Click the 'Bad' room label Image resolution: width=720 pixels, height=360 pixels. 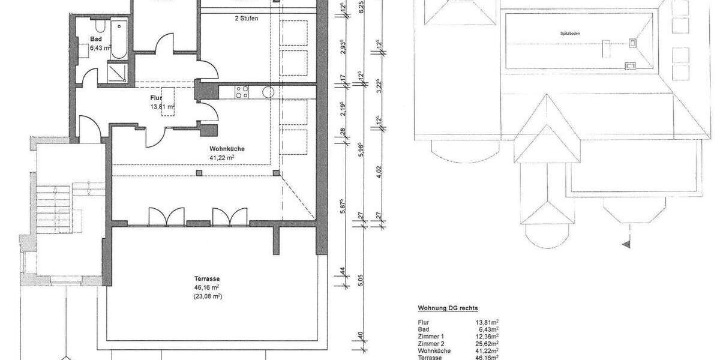point(95,39)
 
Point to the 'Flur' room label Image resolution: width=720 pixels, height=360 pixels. point(157,97)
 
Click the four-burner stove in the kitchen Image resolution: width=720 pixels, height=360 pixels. point(242,92)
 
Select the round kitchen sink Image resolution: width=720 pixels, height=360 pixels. point(268,92)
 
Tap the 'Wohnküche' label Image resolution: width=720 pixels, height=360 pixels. point(227,149)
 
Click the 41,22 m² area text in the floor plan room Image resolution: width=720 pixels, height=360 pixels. point(222,157)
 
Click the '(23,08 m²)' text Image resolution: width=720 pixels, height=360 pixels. point(208,296)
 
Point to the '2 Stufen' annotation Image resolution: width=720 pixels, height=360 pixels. point(246,19)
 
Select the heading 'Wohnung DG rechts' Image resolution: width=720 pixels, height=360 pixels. point(448,308)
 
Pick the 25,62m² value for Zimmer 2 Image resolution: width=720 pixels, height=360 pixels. point(487,344)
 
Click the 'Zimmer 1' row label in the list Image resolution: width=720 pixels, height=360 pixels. point(430,337)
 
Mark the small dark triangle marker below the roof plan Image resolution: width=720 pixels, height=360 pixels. point(627,244)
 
